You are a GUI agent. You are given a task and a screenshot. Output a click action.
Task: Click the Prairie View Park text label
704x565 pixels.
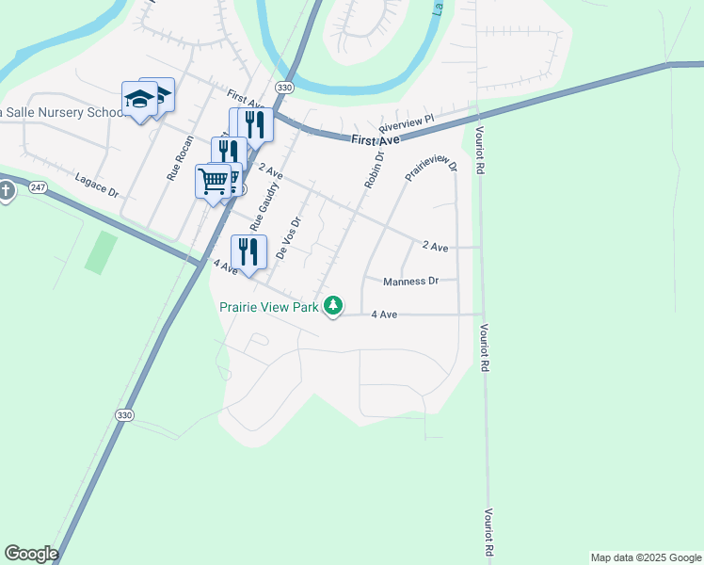(x=270, y=306)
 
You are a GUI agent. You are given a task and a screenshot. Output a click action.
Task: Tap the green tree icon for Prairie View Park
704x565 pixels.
(x=333, y=305)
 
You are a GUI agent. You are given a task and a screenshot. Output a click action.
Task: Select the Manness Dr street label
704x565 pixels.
(x=411, y=281)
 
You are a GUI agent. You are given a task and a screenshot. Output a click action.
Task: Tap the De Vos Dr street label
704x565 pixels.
(x=289, y=239)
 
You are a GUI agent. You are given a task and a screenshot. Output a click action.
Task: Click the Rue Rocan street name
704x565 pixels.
(x=180, y=157)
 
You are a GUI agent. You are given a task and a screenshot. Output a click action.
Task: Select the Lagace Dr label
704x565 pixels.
(x=97, y=186)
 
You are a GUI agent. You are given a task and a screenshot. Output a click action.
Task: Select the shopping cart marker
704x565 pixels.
(x=215, y=180)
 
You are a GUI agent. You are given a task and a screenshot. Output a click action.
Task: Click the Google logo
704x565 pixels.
(x=30, y=554)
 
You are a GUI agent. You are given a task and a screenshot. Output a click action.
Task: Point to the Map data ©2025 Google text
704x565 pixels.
(x=646, y=557)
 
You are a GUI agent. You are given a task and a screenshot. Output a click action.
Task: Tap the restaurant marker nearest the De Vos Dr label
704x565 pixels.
(x=248, y=252)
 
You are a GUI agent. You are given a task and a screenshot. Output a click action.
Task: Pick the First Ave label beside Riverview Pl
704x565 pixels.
(x=376, y=140)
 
